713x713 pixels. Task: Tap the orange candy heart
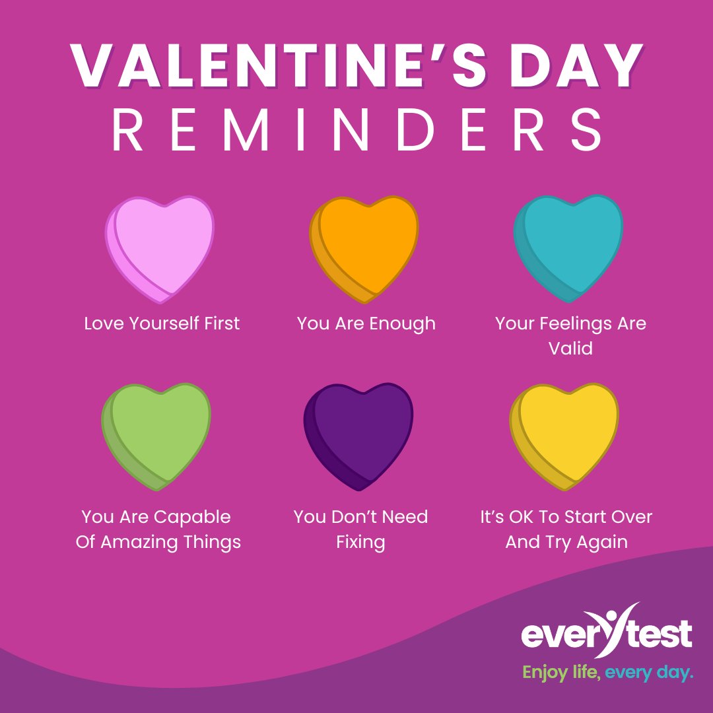[365, 246]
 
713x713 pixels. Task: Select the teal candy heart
[569, 246]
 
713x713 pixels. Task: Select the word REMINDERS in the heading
[356, 131]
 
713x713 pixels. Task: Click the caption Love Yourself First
[162, 323]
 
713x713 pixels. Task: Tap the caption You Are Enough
[366, 323]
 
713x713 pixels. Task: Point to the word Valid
[570, 348]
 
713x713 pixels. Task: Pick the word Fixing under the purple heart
[360, 542]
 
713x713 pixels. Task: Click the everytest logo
[607, 632]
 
